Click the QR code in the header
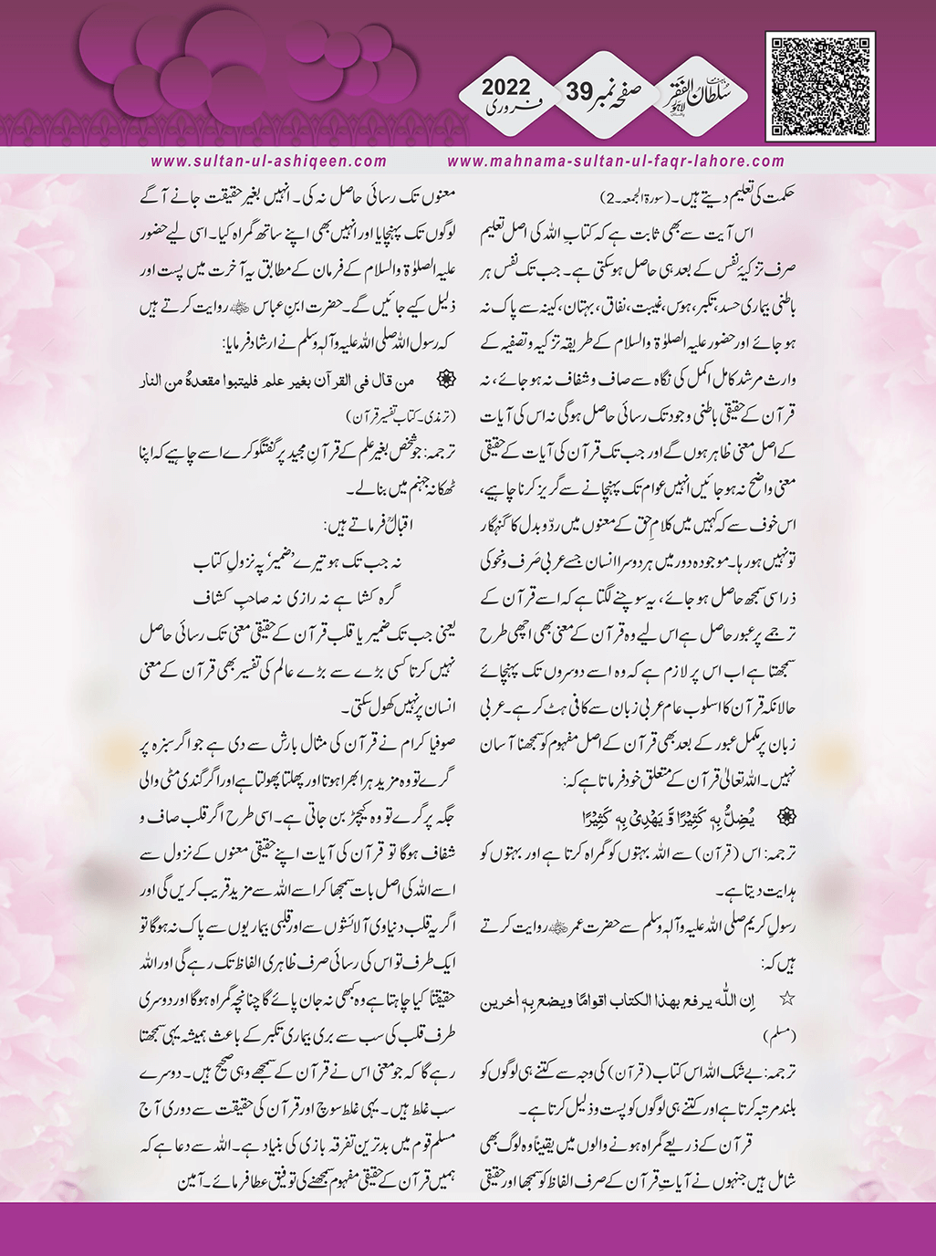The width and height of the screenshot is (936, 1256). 822,87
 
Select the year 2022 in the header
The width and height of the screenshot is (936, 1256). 505,89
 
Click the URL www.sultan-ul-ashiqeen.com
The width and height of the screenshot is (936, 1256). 269,162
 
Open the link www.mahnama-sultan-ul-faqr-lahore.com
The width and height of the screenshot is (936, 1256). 616,162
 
